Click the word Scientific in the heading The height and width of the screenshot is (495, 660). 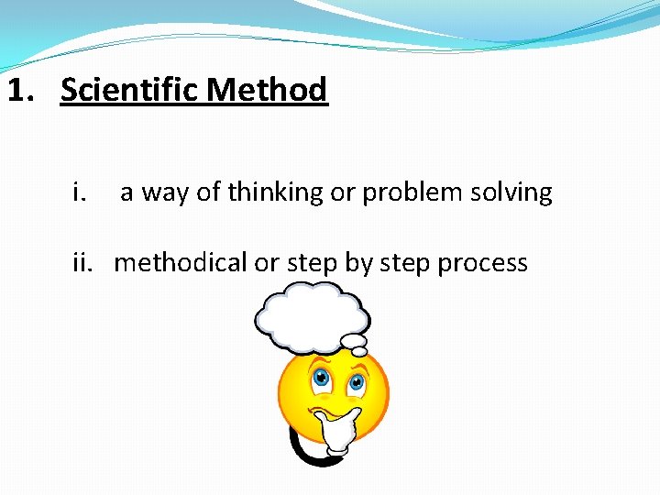[x=130, y=91]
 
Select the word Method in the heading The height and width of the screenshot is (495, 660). [x=267, y=91]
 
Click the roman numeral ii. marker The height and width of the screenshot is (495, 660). [x=84, y=263]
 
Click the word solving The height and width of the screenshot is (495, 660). [x=515, y=192]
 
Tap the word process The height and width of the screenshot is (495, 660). [x=482, y=263]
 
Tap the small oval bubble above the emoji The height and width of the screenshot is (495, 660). [x=354, y=345]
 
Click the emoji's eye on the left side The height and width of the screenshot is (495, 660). [x=321, y=378]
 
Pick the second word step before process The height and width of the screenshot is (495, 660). [x=404, y=263]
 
